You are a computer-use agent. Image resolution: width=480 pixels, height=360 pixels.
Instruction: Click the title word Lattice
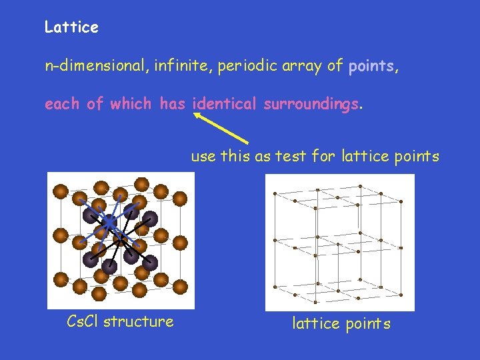coord(71,27)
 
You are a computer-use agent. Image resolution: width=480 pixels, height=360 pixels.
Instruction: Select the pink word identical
coord(225,104)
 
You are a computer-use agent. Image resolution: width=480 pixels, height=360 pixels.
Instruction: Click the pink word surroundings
coord(311,104)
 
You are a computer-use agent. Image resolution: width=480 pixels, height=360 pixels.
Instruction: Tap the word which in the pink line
coord(131,104)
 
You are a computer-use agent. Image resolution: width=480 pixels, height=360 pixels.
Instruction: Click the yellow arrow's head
coord(198,115)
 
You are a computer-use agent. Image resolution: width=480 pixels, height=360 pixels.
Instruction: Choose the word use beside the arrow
coord(203,157)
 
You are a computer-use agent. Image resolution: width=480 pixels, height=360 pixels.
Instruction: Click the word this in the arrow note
coord(233,157)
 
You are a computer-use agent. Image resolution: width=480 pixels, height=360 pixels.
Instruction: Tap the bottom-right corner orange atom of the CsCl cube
coord(181,279)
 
